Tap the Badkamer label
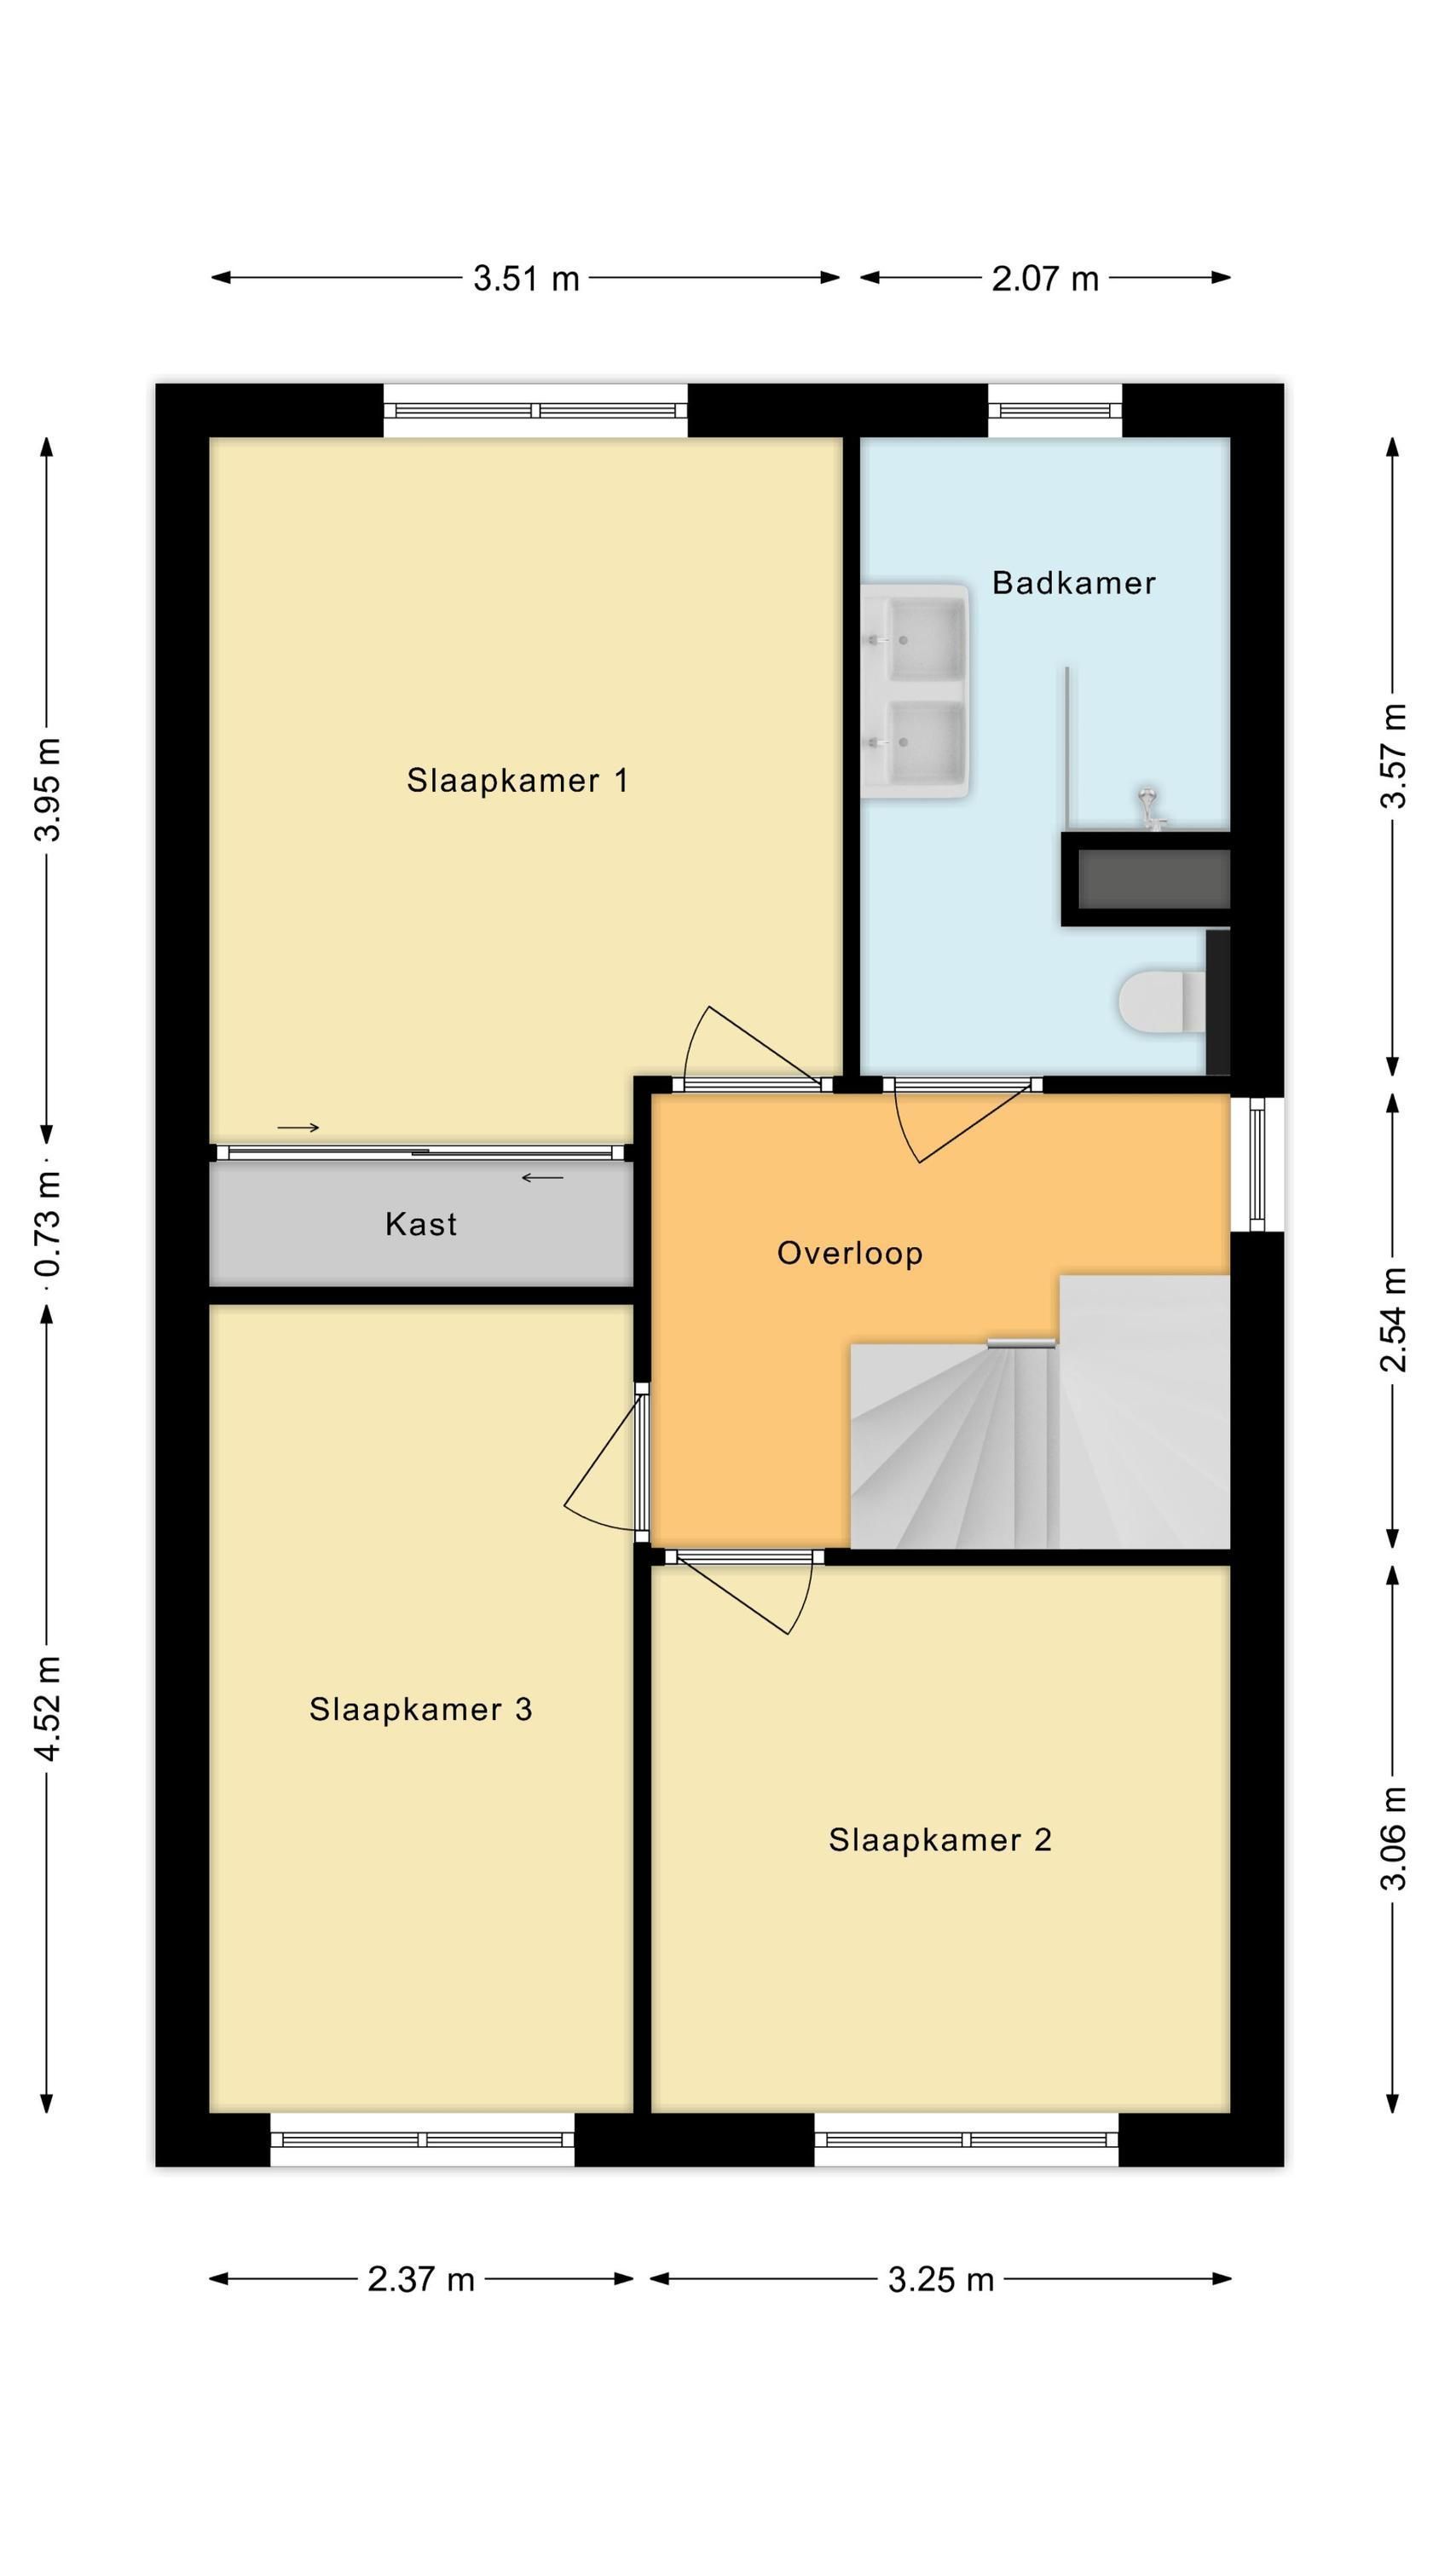coord(1073,583)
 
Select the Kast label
coord(421,1224)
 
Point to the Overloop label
coord(850,1254)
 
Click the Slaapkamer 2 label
coord(940,1839)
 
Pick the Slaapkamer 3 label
coord(421,1708)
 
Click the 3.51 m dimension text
coord(526,279)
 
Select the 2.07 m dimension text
coord(1046,279)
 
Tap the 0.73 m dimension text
coord(47,1223)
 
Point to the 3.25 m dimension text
coord(941,2279)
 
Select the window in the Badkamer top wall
coord(1055,410)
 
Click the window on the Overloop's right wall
coord(1257,1163)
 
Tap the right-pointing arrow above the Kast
coord(298,1128)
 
